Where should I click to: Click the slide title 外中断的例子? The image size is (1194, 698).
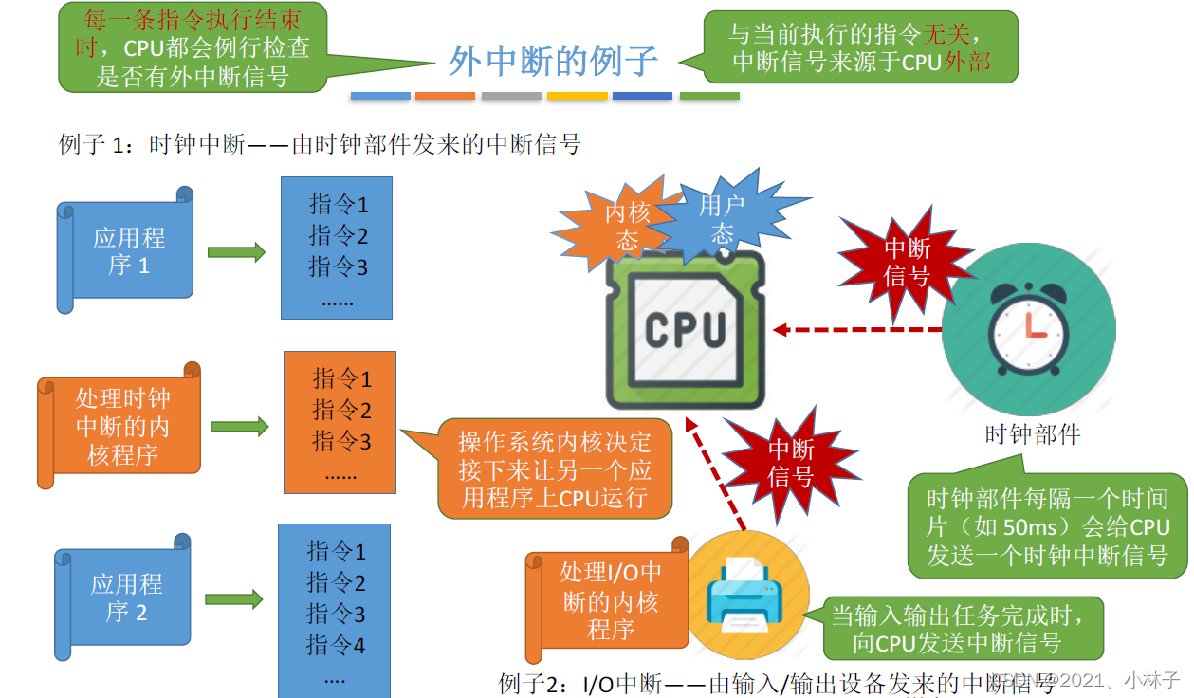pyautogui.click(x=553, y=61)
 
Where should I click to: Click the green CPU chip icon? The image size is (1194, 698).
pyautogui.click(x=685, y=328)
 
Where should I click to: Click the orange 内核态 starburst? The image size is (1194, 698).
pyautogui.click(x=621, y=225)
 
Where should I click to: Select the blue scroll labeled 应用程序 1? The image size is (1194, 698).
pyautogui.click(x=127, y=250)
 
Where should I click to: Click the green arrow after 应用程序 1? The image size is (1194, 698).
pyautogui.click(x=236, y=252)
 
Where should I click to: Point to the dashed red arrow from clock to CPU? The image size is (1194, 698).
pyautogui.click(x=858, y=330)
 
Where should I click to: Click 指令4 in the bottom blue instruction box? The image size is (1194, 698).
pyautogui.click(x=336, y=646)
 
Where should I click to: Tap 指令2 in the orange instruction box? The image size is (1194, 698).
pyautogui.click(x=341, y=411)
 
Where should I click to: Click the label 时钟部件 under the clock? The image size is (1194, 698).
pyautogui.click(x=1033, y=435)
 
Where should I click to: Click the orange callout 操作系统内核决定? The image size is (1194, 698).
pyautogui.click(x=555, y=469)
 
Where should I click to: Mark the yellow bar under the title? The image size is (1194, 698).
pyautogui.click(x=577, y=96)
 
